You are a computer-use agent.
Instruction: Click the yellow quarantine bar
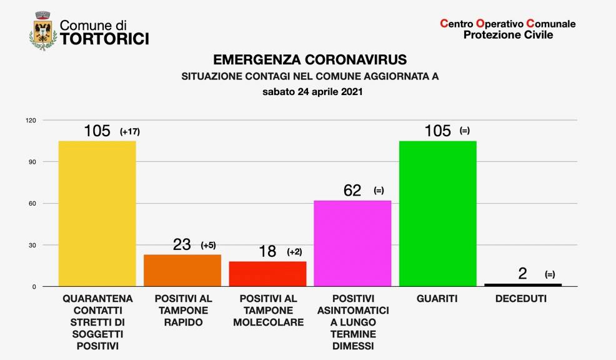97,213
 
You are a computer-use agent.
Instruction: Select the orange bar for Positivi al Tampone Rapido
182,270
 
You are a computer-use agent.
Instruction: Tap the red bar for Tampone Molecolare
267,274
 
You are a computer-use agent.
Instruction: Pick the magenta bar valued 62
352,243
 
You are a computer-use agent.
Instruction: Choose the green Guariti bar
437,213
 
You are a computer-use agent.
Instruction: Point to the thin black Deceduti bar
523,285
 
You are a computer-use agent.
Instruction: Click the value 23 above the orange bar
182,244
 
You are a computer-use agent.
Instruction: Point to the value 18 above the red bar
267,251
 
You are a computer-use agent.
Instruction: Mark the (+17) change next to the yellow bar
129,132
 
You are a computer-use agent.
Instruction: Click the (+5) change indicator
208,245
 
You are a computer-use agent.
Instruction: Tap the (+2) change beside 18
294,252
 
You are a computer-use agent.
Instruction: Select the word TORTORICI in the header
104,39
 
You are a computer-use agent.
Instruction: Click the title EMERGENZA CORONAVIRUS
310,60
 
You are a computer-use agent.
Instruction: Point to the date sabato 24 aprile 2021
310,92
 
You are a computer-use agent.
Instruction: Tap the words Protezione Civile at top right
508,35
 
